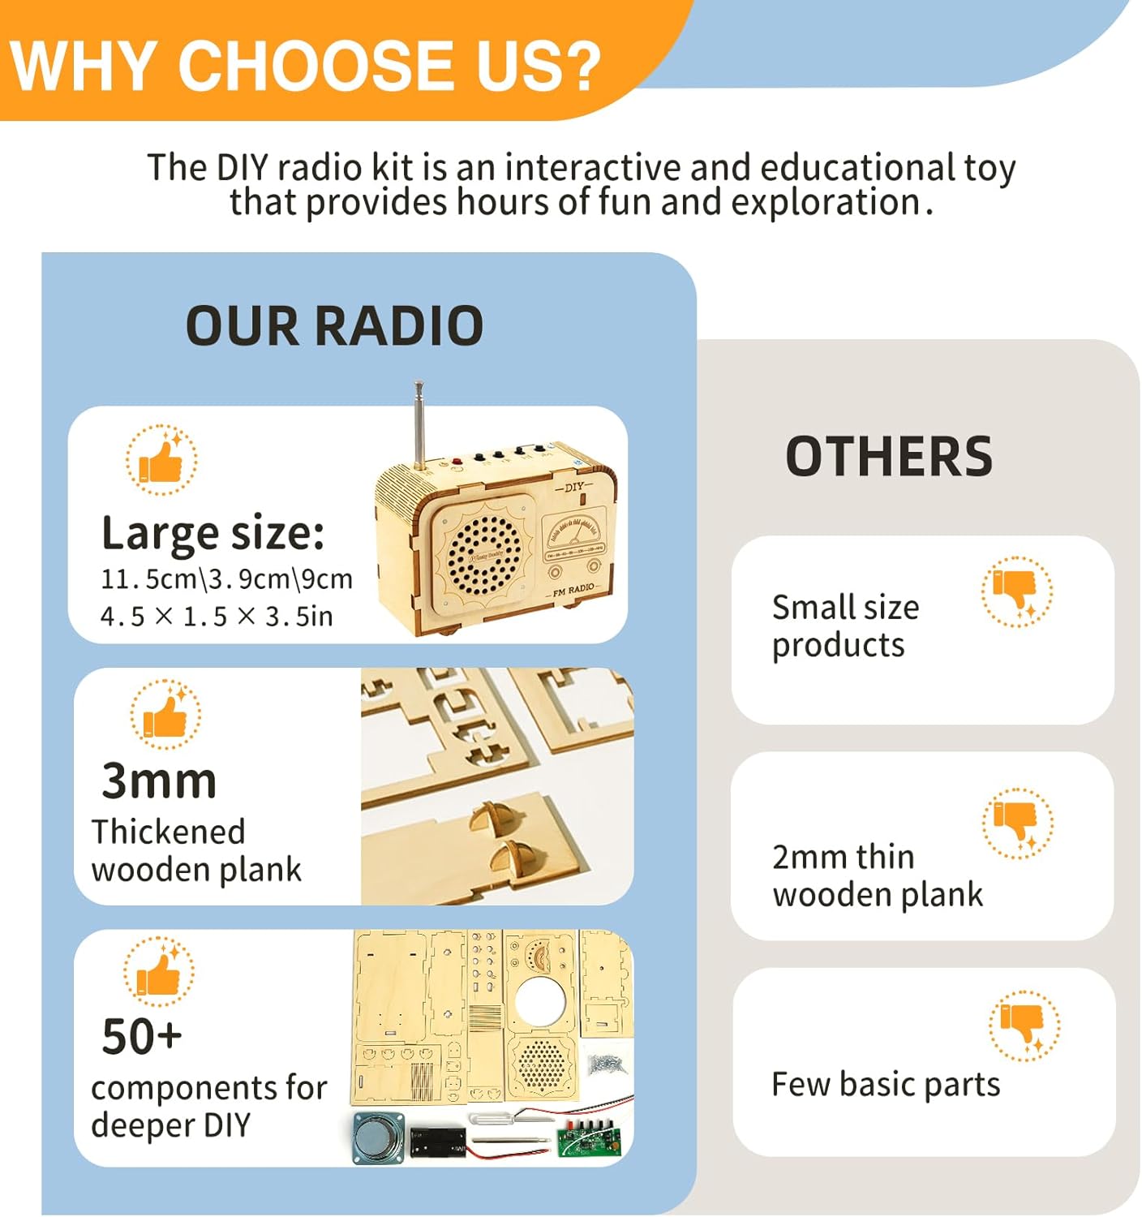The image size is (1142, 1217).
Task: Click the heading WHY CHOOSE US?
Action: pos(306,65)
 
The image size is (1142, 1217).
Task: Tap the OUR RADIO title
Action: pos(334,326)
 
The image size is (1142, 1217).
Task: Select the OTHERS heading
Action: pos(889,456)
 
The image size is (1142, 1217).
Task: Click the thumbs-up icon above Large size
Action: pos(161,460)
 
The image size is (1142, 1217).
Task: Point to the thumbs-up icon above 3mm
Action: pos(165,715)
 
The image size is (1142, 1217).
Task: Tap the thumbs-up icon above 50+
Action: pos(159,972)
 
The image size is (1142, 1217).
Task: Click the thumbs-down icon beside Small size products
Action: pos(1017,591)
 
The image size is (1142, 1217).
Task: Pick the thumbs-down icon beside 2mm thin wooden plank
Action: pos(1017,823)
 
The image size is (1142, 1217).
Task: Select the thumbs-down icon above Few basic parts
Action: pos(1024,1026)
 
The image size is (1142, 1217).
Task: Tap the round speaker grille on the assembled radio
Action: pos(484,555)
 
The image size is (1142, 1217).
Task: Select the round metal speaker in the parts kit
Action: pos(379,1137)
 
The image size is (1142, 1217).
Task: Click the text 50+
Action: pos(142,1036)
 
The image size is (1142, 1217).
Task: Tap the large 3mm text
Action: pos(159,781)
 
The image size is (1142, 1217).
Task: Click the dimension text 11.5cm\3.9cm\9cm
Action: pos(226,579)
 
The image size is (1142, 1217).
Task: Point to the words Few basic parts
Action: pos(886,1085)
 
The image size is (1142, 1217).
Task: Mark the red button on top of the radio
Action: pos(457,463)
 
